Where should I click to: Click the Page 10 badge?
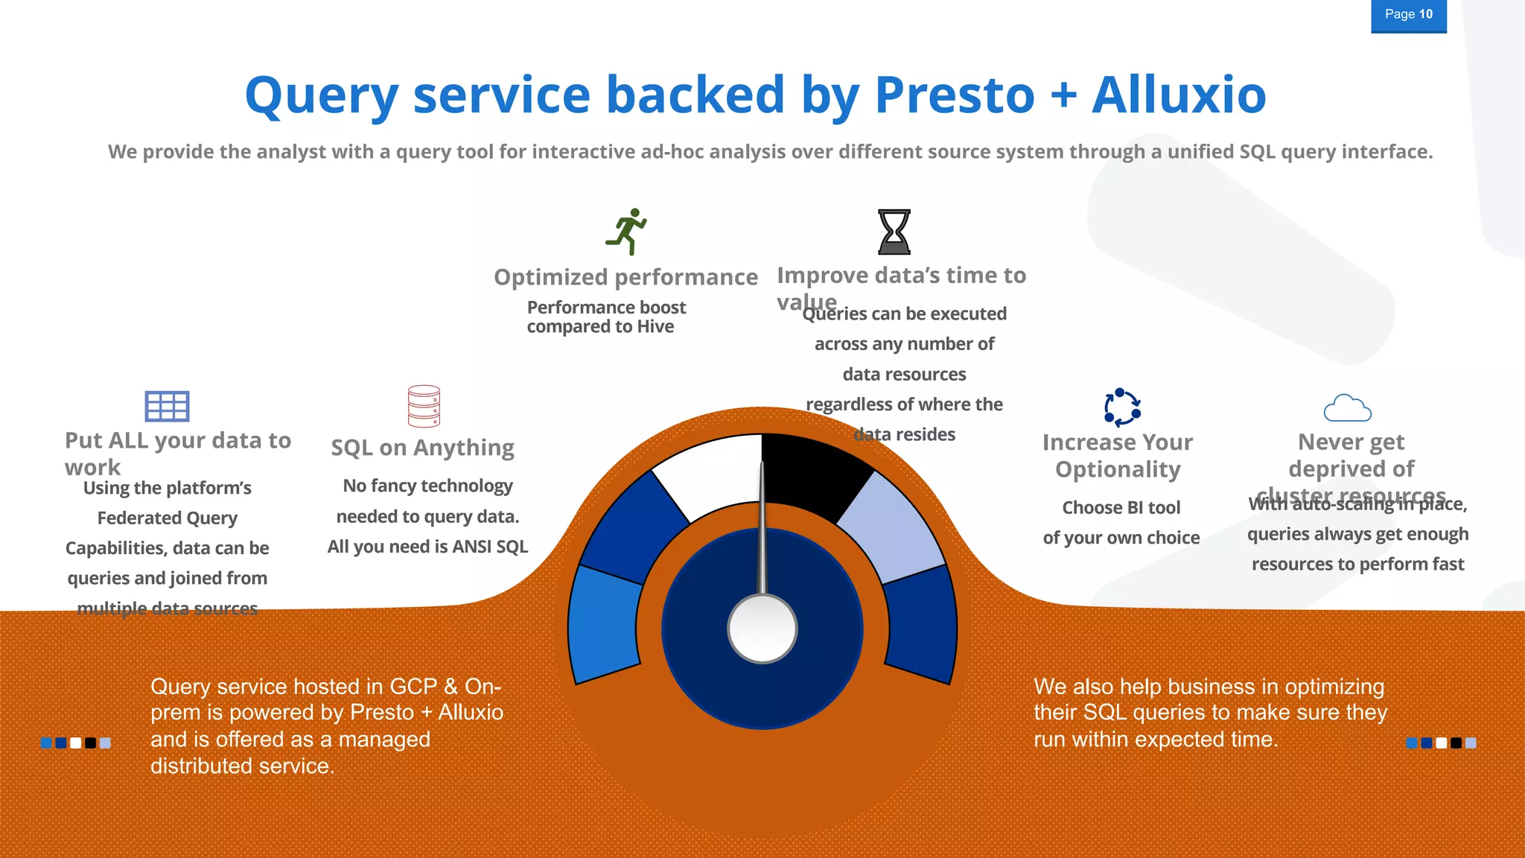(1408, 15)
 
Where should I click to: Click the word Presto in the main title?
(955, 95)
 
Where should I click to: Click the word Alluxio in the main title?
(1179, 95)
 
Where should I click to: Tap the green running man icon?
(627, 231)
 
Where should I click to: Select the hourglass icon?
(894, 232)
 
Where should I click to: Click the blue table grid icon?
(167, 407)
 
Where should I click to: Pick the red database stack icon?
(424, 406)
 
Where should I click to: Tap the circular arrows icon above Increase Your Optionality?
(1121, 407)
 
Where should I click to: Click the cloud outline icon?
(1347, 408)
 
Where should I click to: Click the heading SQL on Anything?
(422, 448)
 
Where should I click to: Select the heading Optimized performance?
(625, 277)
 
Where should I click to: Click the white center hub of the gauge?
(762, 629)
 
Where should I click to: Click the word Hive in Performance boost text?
(655, 327)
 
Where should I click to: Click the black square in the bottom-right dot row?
(1456, 743)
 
